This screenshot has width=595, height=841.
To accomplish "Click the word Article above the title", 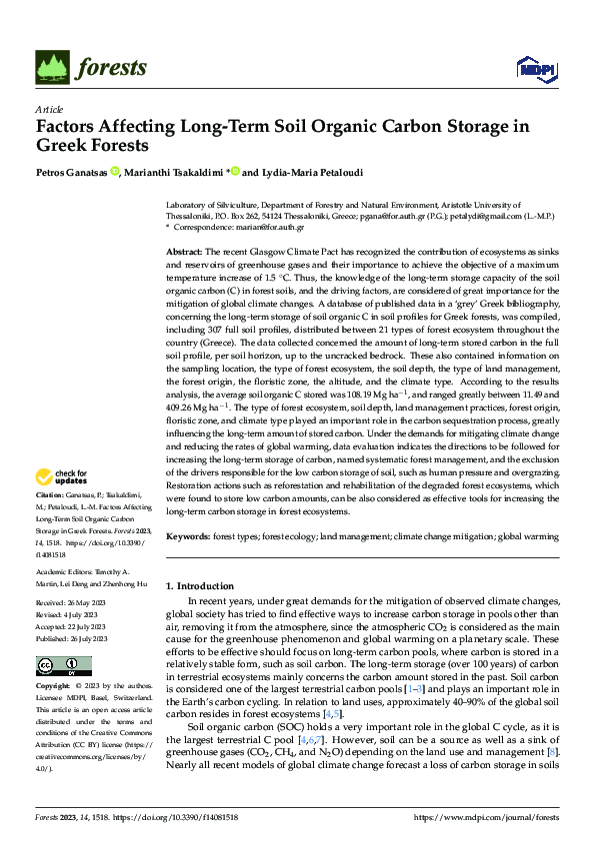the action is coord(49,109).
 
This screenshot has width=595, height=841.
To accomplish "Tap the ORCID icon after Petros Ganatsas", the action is coord(116,171).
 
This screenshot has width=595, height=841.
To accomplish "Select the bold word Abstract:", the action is coord(185,252).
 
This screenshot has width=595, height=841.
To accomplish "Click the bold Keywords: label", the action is coord(188,537).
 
